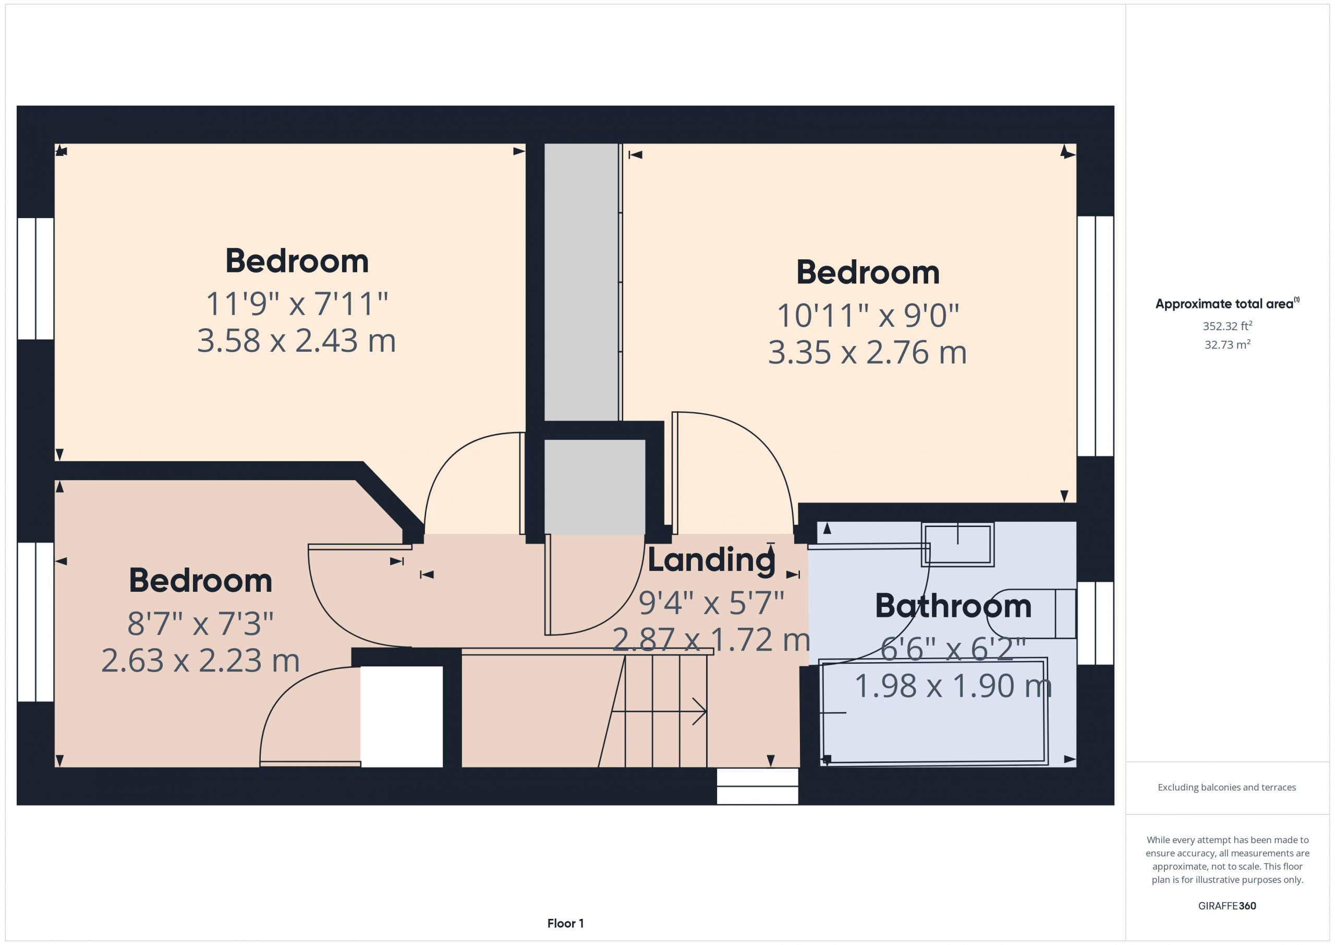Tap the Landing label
pos(711,560)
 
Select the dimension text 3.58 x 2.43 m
pos(297,340)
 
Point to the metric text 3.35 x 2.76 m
pos(868,353)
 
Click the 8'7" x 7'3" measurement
pos(200,623)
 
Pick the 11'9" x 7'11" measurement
pos(297,303)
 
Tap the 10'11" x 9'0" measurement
pos(868,315)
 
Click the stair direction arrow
pos(659,711)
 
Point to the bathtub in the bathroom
pos(934,711)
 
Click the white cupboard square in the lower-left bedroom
pos(402,716)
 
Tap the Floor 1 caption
pos(565,924)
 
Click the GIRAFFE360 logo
pos(1227,906)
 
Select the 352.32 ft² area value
pos(1227,326)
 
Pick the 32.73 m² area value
pos(1227,344)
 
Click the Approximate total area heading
pos(1227,303)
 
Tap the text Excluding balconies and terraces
pos(1227,787)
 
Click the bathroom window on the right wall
pos(1096,623)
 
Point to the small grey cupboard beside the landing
pos(594,487)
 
